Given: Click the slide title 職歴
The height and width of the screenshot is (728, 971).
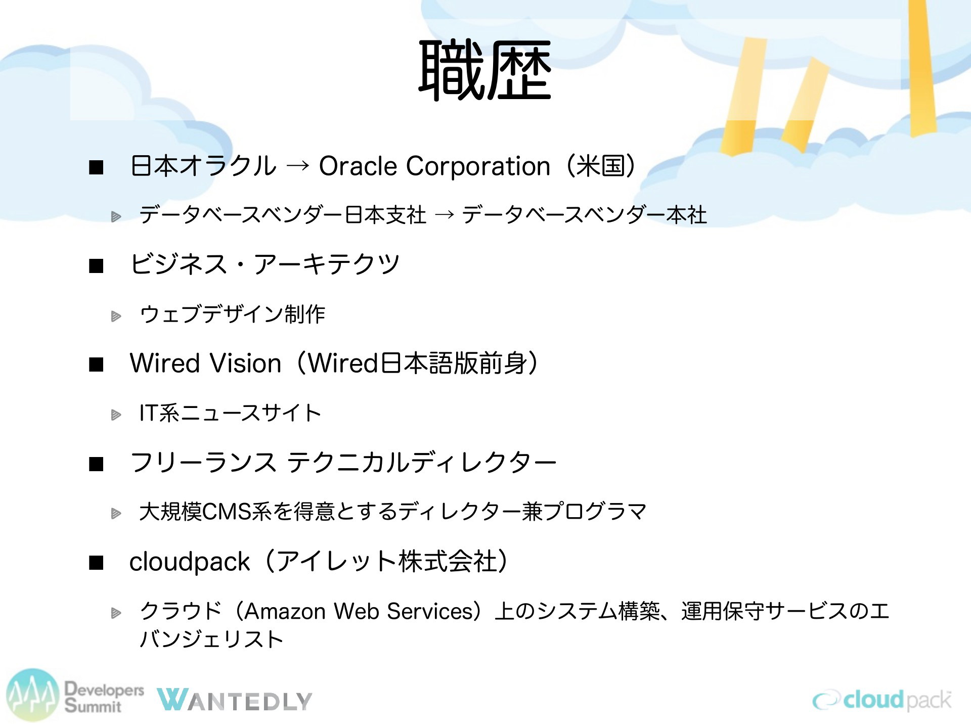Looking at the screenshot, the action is (485, 71).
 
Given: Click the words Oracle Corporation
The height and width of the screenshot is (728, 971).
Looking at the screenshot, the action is (434, 166).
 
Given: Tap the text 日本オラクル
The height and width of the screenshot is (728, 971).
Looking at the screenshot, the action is (203, 166).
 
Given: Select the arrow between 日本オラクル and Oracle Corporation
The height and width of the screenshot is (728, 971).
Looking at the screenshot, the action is (297, 166).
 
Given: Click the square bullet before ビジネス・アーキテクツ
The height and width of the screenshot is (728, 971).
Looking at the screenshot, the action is (96, 265).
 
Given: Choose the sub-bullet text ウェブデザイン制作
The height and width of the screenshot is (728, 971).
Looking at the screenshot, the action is (232, 314).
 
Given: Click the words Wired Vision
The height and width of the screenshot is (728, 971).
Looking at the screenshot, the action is (205, 363).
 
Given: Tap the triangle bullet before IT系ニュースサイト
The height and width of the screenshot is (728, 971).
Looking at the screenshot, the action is (116, 415).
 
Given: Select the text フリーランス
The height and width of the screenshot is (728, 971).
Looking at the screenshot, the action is (203, 462).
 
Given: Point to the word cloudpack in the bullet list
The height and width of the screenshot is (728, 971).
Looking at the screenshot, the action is (190, 562).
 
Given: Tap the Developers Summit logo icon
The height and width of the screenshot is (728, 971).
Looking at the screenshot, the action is (33, 695).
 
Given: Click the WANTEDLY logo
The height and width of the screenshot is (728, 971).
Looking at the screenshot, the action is (234, 700).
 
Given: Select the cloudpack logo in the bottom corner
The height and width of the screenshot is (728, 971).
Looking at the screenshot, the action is (882, 700).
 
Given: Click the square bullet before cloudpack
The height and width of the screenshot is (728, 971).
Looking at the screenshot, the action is (96, 563).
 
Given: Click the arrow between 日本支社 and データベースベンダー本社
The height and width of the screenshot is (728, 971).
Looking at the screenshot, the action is (444, 215).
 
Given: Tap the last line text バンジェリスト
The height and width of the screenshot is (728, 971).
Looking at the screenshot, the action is (211, 639).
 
